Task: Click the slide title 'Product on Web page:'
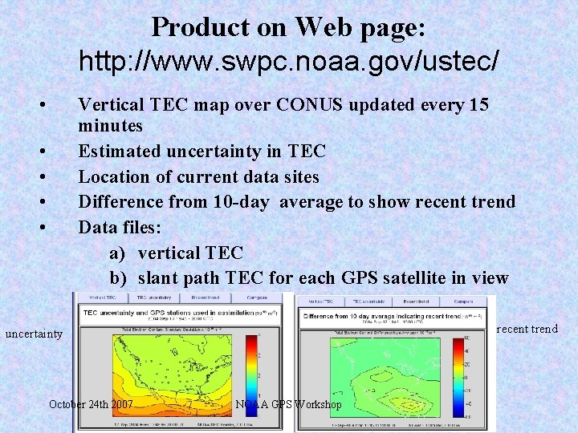pyautogui.click(x=288, y=27)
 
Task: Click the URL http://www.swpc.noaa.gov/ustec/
pyautogui.click(x=289, y=60)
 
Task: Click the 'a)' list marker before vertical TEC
pyautogui.click(x=117, y=253)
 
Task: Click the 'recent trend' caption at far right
pyautogui.click(x=528, y=329)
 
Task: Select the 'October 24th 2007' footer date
pyautogui.click(x=92, y=404)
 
